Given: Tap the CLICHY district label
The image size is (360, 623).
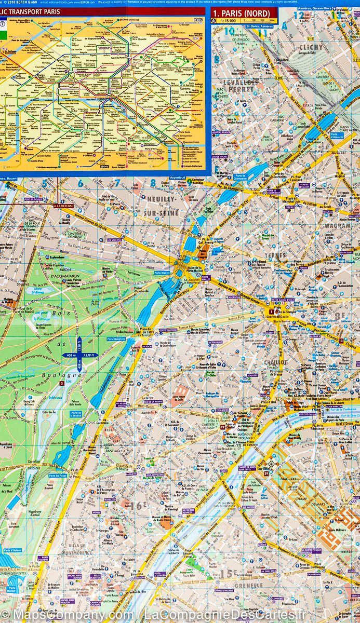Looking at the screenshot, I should tap(311, 47).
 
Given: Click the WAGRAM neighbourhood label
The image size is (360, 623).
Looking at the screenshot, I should tap(338, 226).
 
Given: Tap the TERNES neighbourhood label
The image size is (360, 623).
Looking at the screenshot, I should tap(277, 255).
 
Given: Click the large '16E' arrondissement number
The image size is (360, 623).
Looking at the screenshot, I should tap(138, 505).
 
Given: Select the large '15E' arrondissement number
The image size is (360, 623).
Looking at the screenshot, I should tap(227, 573).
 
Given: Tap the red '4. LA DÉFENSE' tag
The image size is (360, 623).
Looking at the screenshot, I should tap(63, 206).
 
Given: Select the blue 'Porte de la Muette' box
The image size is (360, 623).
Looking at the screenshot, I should tap(76, 414).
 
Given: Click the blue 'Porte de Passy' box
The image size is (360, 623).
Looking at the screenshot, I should tap(57, 475).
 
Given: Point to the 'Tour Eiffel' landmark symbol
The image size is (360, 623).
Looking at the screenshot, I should tap(270, 464).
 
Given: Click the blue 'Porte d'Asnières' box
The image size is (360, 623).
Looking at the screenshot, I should tap(337, 136).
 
